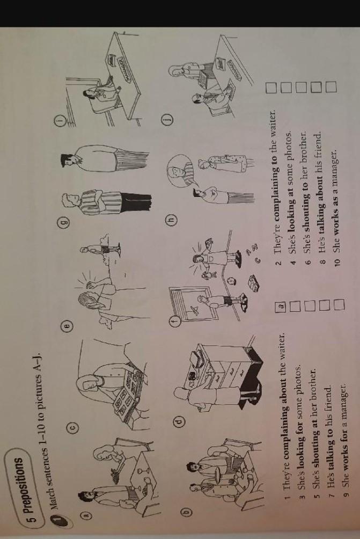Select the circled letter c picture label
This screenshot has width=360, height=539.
point(74,427)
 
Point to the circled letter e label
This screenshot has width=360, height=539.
point(67,325)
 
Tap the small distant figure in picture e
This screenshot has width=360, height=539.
point(103,248)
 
